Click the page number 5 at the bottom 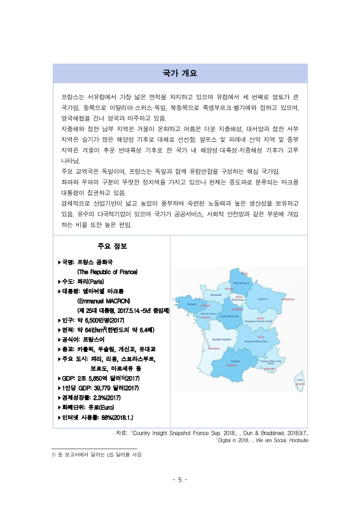click(x=180, y=480)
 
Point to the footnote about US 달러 click(x=97, y=455)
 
